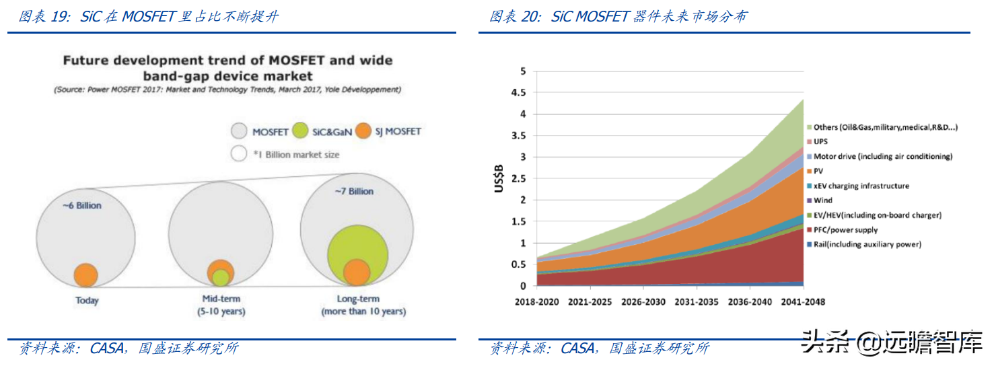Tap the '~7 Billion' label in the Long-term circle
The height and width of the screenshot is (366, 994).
353,191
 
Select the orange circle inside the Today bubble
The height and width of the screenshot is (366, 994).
85,274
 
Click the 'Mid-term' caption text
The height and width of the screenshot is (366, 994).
221,299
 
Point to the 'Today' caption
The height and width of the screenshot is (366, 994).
87,301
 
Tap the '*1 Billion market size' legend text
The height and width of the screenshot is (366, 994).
296,155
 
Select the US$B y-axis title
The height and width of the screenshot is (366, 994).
499,179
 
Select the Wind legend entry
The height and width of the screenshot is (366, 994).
822,200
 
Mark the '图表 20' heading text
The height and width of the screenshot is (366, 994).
514,17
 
